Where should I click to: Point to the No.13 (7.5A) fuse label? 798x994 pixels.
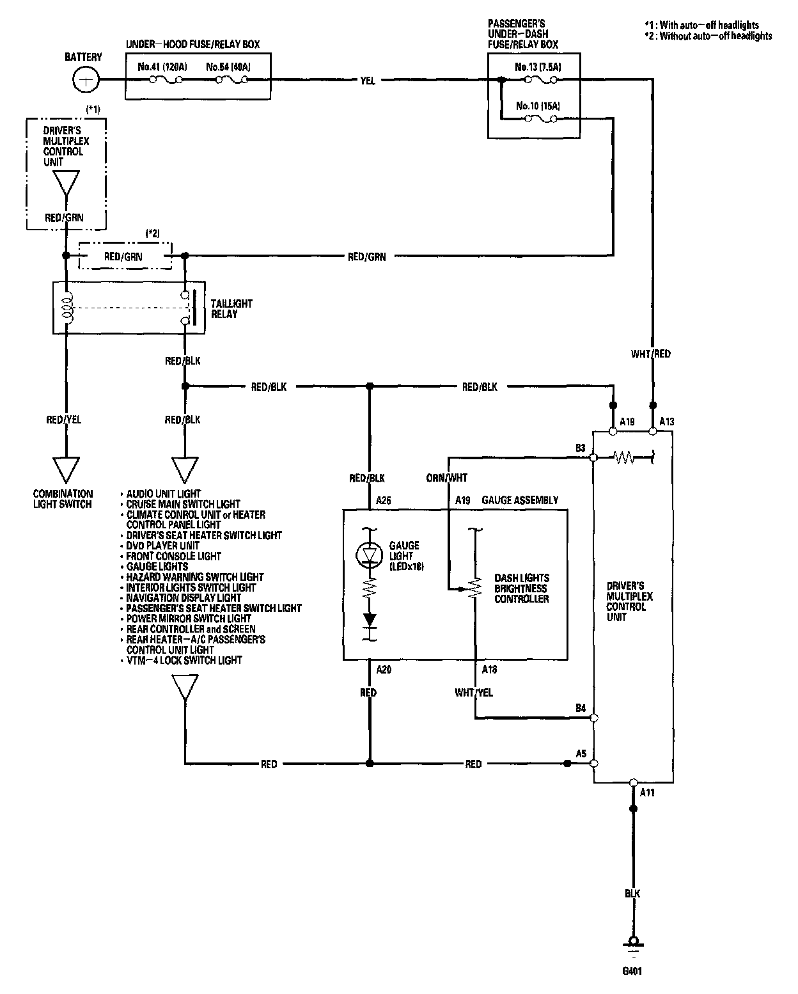click(x=538, y=67)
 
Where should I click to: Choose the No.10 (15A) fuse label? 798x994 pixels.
click(x=538, y=106)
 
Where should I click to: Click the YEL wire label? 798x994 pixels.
click(x=368, y=81)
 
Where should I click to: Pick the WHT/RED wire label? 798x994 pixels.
click(x=651, y=354)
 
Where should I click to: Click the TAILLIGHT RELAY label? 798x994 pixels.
click(x=231, y=309)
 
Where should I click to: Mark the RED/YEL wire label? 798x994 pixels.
click(x=64, y=420)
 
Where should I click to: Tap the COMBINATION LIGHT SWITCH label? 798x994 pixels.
click(x=63, y=499)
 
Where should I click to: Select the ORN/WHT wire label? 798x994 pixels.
click(x=447, y=478)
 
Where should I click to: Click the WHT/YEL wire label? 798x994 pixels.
click(x=474, y=692)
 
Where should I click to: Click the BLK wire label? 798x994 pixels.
click(x=632, y=893)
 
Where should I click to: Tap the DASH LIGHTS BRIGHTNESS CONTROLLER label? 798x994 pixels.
click(x=522, y=588)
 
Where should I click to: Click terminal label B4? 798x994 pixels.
click(x=581, y=708)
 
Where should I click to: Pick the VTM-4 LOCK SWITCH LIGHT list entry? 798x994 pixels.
click(x=184, y=660)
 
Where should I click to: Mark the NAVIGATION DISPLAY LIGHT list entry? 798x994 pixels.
click(x=184, y=597)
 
